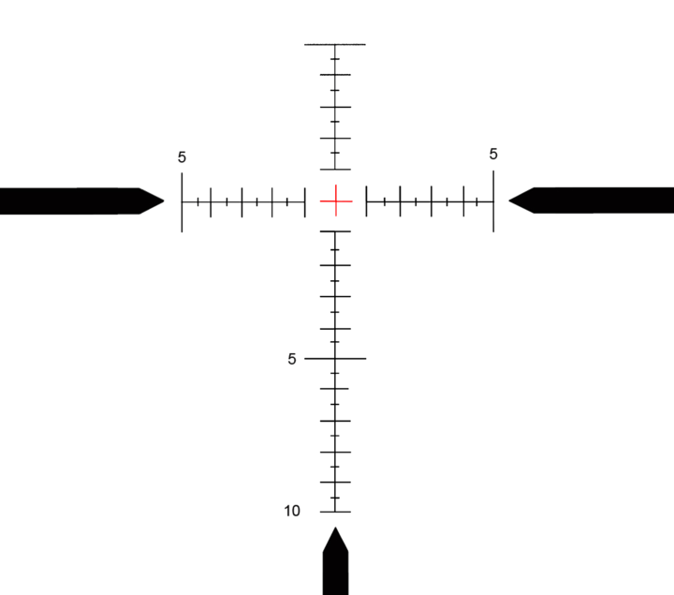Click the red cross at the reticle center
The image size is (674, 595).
click(x=335, y=200)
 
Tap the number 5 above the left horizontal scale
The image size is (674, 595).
click(x=182, y=156)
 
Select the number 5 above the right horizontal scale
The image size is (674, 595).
click(x=493, y=154)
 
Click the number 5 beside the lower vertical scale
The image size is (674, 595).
click(x=292, y=358)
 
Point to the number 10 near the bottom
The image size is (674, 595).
click(x=292, y=511)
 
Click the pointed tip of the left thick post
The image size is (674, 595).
click(x=165, y=201)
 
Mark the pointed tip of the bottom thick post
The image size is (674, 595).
click(x=335, y=529)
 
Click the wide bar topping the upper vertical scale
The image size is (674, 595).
click(x=335, y=44)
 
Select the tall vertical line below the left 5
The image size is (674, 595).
click(x=182, y=201)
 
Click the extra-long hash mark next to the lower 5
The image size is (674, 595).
click(x=335, y=358)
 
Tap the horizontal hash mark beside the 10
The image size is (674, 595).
click(x=335, y=512)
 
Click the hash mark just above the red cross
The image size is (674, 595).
click(x=335, y=169)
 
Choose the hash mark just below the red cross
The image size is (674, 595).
click(x=335, y=231)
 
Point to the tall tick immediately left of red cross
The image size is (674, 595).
click(x=305, y=201)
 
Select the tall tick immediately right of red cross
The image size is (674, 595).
click(x=366, y=200)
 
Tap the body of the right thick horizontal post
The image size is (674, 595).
click(x=599, y=200)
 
